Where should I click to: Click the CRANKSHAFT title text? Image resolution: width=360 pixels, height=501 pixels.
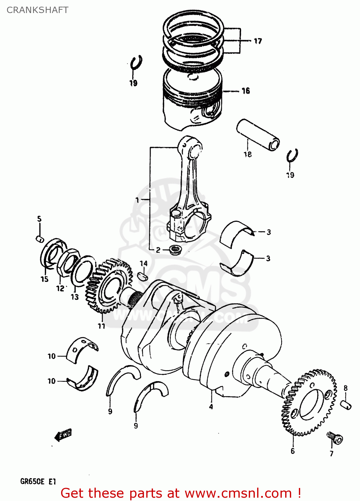point(37,10)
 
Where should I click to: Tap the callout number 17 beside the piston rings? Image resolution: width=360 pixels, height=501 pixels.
point(258,41)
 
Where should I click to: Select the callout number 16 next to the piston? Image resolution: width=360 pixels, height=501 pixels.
point(246,91)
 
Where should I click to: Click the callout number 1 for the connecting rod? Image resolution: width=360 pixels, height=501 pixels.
point(137,200)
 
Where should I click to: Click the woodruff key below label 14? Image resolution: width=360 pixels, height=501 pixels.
point(142,276)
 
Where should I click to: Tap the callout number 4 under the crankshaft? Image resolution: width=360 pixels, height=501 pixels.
point(211,406)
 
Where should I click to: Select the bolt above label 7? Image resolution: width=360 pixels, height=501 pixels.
point(335,438)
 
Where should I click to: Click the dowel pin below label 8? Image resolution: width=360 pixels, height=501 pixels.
point(346,404)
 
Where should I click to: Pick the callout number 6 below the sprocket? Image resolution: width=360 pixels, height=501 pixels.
point(293,451)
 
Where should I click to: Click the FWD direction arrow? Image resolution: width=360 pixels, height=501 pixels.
point(63,435)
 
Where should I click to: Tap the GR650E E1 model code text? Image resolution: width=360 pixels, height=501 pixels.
point(38,482)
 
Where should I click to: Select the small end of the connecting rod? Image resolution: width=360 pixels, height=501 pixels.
point(191,147)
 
